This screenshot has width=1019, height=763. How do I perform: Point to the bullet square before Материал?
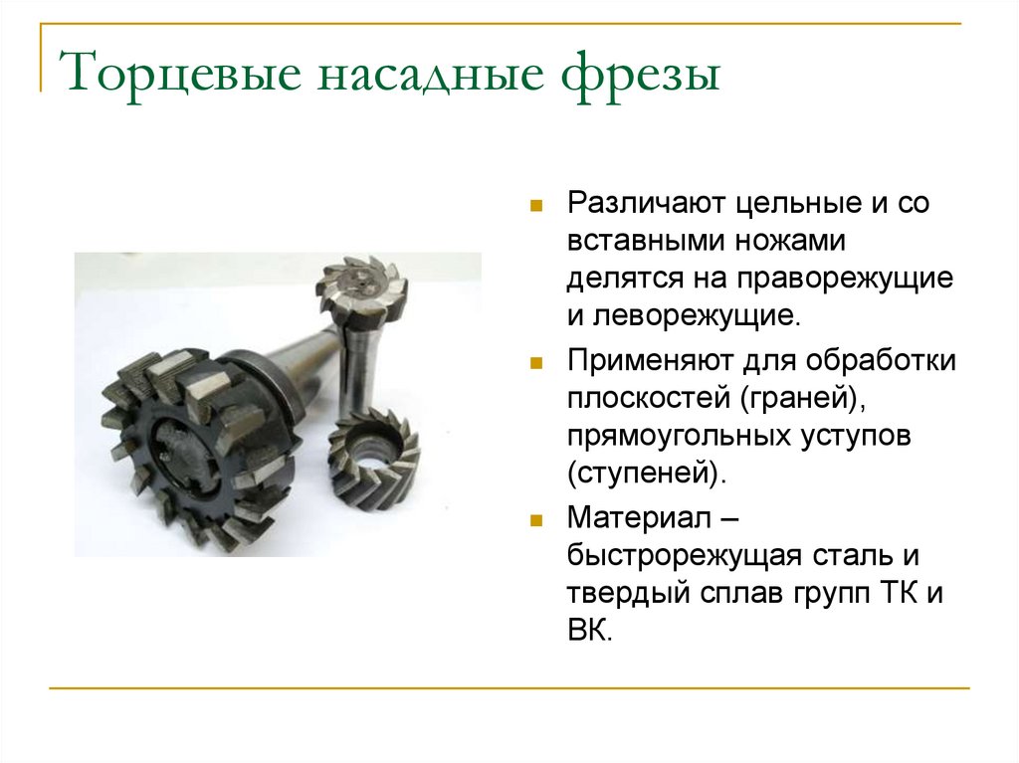(535, 520)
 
